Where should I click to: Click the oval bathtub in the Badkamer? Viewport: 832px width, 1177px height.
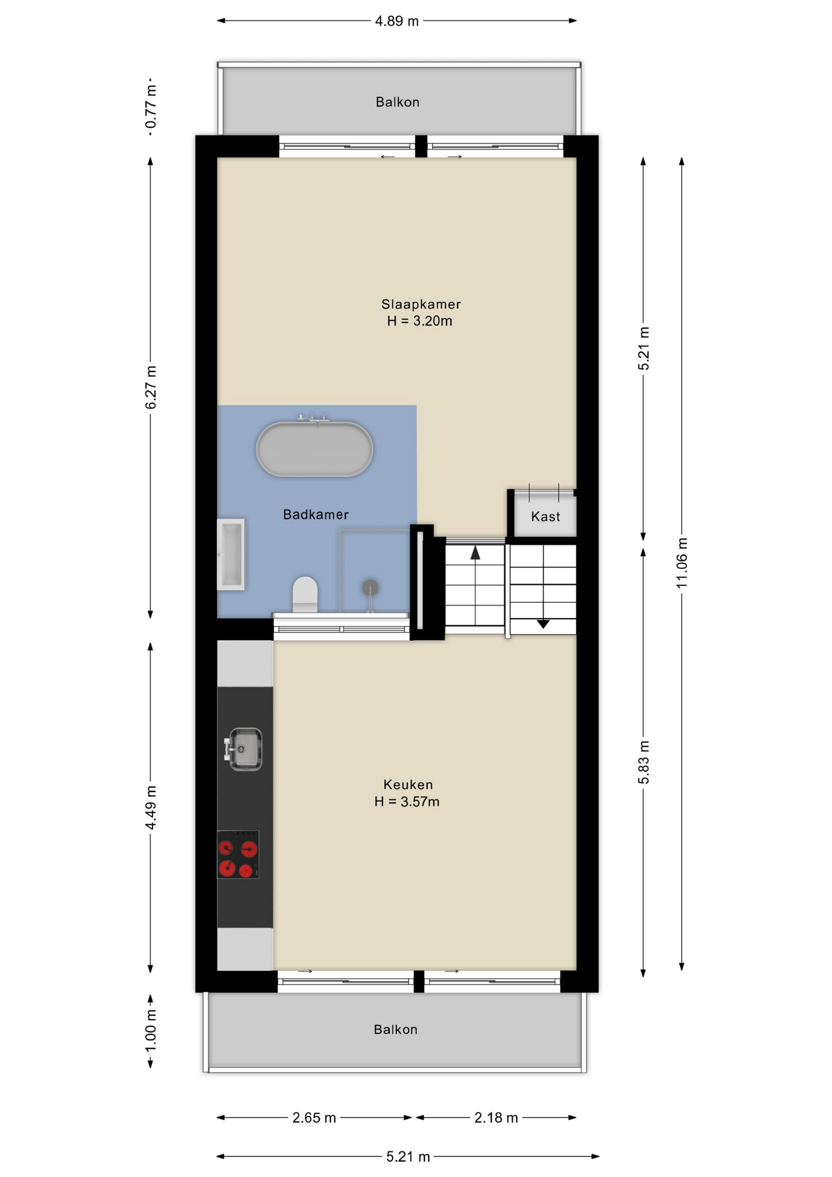point(314,449)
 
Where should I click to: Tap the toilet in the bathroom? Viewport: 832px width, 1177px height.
point(305,594)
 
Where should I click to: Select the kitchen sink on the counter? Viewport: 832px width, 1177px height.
point(244,748)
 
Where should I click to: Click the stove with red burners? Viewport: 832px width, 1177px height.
point(238,855)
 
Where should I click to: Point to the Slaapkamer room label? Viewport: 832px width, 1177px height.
point(421,304)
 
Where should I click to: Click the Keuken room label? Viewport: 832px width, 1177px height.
point(408,785)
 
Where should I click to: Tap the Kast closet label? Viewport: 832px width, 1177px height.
point(545,517)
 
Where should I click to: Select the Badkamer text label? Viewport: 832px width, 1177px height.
point(316,514)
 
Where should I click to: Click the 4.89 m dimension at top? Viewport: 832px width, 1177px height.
point(397,21)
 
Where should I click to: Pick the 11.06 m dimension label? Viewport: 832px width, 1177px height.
point(682,563)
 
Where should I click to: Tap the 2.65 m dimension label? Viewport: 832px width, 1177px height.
point(314,1118)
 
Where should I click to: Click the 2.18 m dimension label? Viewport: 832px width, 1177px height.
point(496,1118)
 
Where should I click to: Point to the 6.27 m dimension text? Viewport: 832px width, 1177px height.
point(151,387)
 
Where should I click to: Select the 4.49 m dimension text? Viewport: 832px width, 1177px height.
point(151,807)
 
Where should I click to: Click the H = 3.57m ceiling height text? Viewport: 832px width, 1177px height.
point(407,802)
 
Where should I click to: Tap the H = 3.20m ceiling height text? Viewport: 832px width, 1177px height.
point(420,321)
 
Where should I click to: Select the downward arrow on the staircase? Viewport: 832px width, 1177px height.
point(543,624)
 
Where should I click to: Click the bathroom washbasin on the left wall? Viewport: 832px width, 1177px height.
point(231,555)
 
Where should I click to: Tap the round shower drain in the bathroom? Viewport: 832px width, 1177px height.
point(370,588)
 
